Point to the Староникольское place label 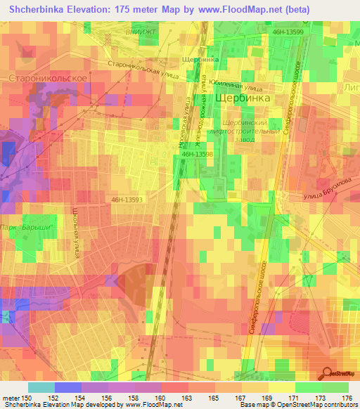(48, 78)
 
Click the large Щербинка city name (243, 99)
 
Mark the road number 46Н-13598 (197, 153)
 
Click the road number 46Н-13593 (127, 200)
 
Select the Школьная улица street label (79, 232)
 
